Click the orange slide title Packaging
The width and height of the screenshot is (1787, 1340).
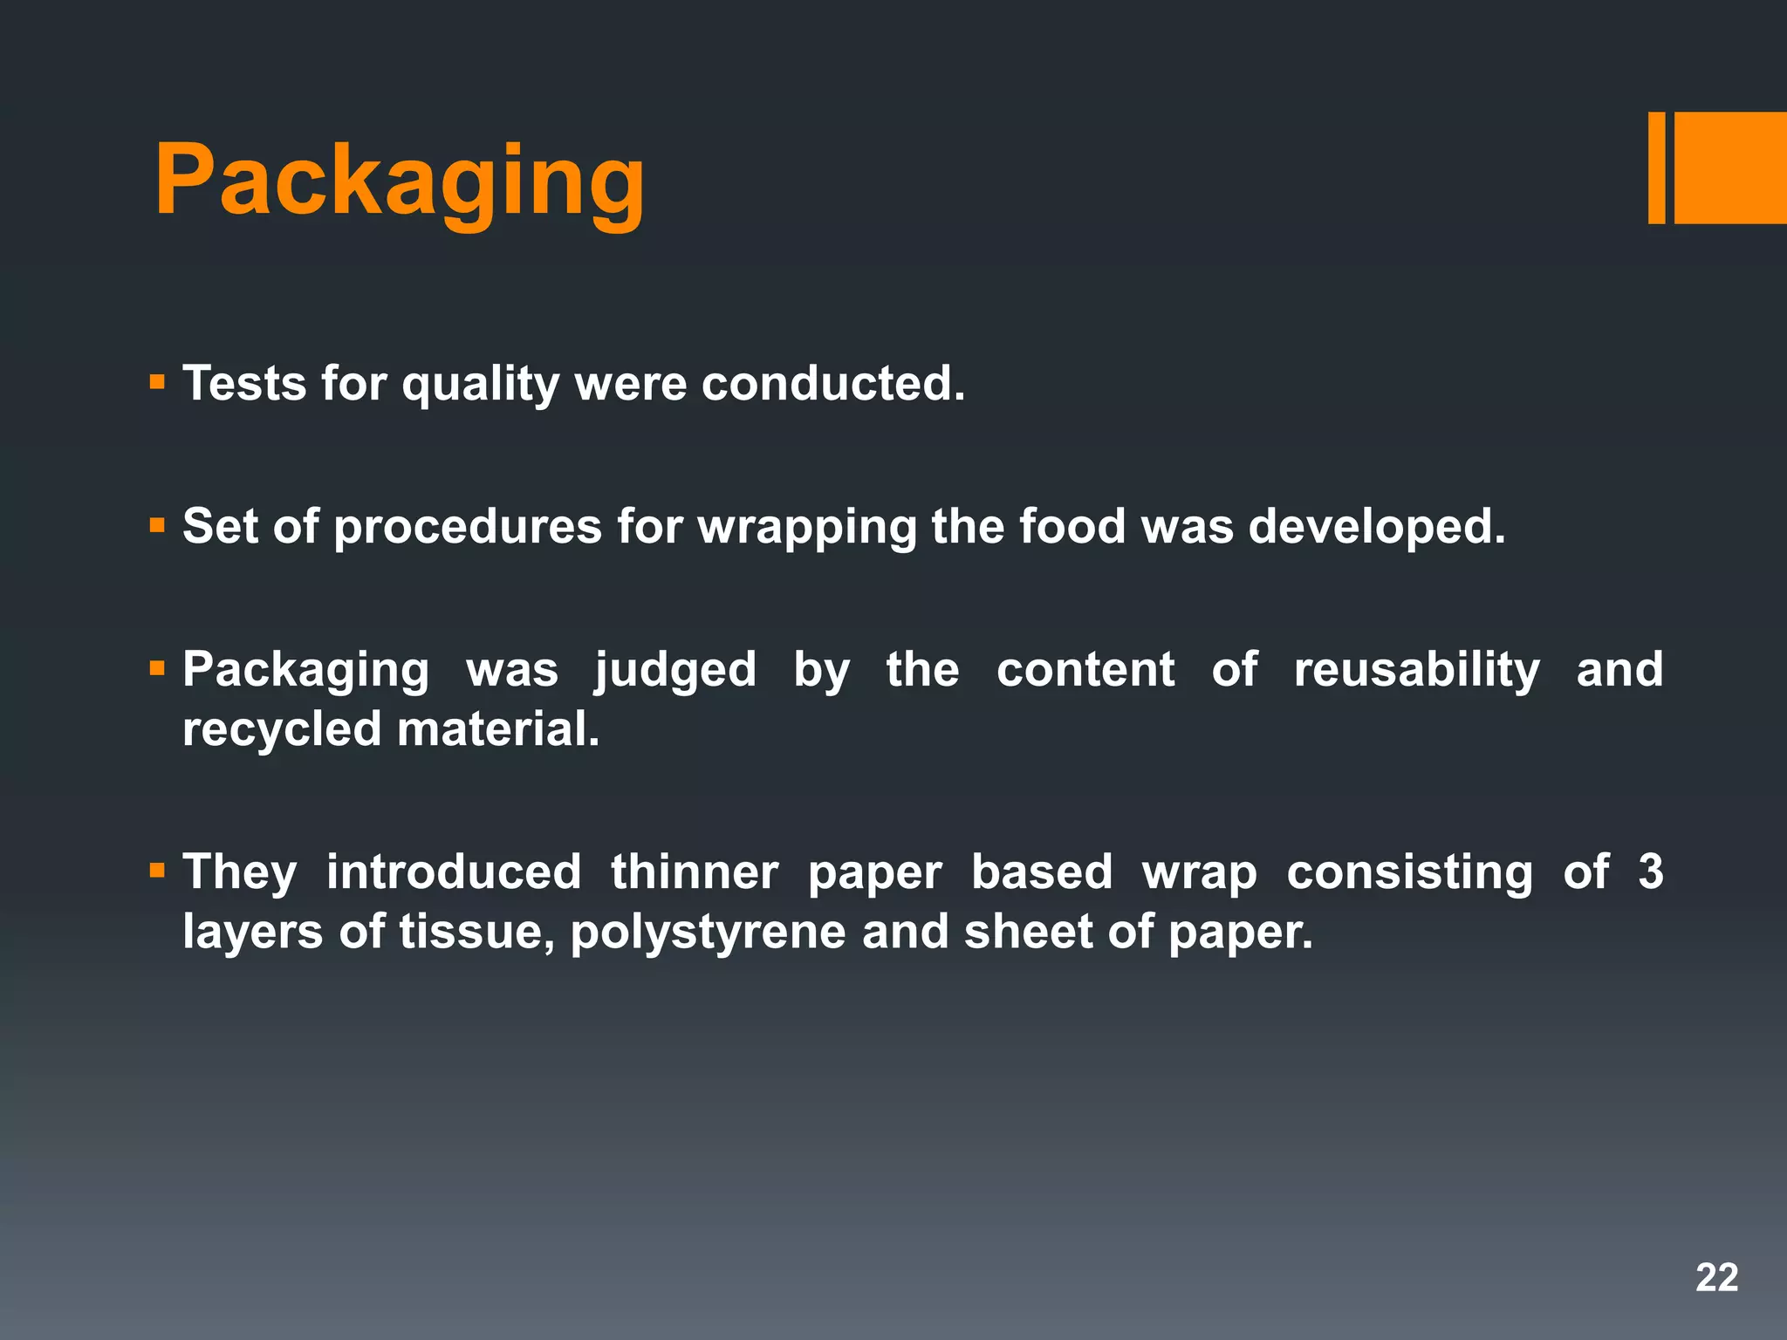[400, 181]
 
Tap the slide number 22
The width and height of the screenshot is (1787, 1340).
[1716, 1277]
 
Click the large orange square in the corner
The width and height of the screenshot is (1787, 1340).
[1730, 167]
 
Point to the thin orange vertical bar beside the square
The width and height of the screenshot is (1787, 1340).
[1656, 167]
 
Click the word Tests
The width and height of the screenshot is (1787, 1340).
[244, 383]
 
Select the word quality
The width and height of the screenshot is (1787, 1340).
[480, 385]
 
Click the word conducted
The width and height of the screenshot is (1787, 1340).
[832, 383]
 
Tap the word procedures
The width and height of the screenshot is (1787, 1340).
[468, 528]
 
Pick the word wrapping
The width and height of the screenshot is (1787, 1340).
[807, 528]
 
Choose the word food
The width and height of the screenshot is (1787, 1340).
[1072, 526]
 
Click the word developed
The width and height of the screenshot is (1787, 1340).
[1376, 528]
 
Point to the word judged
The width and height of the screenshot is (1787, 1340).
[675, 671]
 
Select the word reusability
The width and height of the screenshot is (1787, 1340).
[1417, 671]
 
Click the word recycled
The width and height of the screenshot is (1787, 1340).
[282, 729]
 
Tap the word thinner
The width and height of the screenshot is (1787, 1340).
[695, 872]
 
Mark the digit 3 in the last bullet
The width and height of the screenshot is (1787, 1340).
[1650, 872]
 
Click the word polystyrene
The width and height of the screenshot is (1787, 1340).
[708, 933]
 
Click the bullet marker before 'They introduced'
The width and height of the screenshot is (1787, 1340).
[157, 870]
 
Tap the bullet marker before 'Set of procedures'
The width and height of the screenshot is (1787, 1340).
[157, 525]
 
